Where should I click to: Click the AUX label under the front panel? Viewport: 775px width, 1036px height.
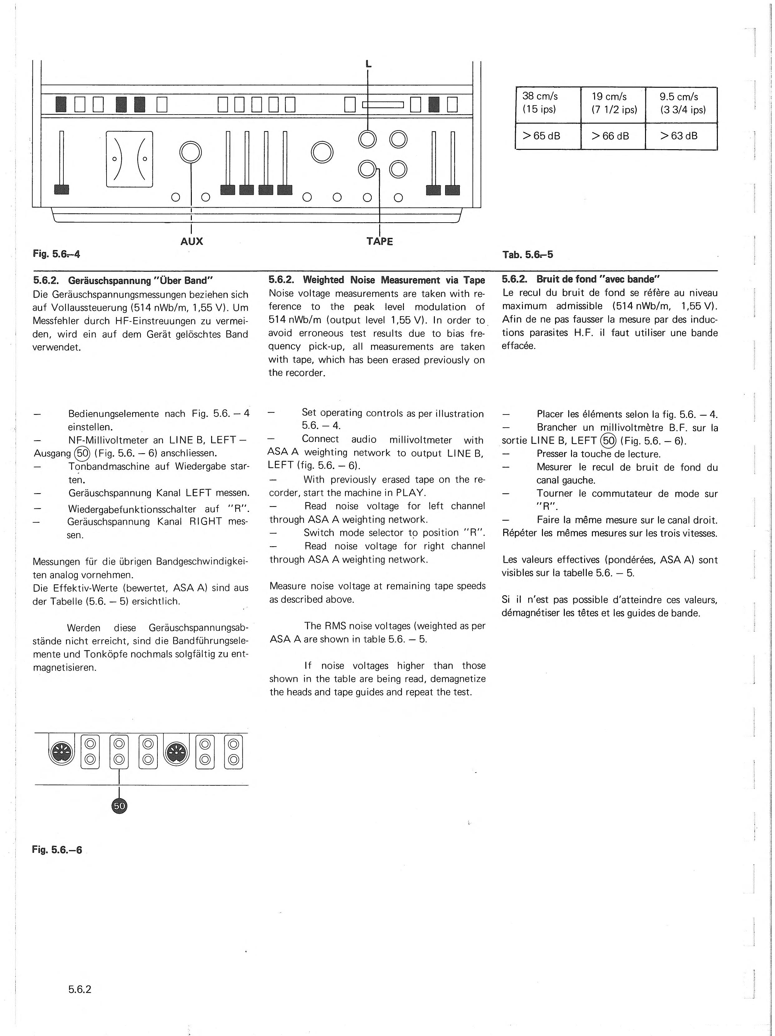tap(192, 241)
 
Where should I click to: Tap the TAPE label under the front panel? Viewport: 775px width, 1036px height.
tap(380, 242)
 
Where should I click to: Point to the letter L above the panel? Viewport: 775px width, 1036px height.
tap(368, 65)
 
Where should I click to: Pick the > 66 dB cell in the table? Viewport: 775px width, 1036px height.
tap(613, 136)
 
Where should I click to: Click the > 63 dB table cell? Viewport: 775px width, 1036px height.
tap(681, 136)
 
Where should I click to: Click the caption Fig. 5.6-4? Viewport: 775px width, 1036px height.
tap(56, 254)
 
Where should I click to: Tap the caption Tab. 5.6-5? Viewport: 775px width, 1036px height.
tap(528, 255)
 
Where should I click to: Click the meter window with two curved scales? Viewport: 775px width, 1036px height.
tap(129, 159)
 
